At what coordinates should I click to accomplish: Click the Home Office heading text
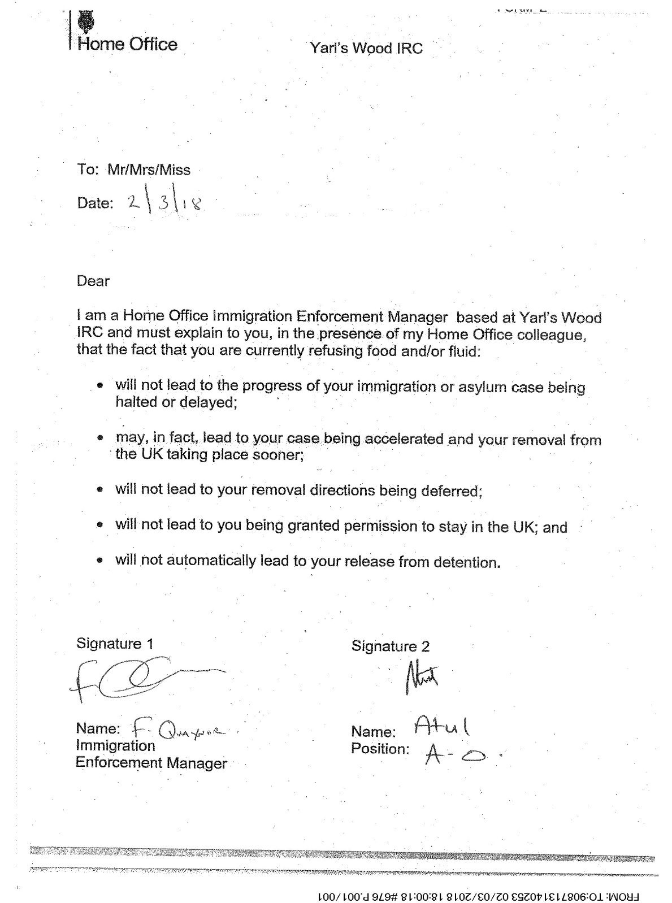(127, 45)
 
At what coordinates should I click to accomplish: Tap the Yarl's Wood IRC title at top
(366, 48)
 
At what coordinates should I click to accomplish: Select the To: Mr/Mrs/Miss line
(134, 170)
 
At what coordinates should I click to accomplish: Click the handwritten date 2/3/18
(164, 203)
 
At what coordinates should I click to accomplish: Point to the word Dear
(93, 281)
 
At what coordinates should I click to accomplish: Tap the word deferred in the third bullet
(452, 491)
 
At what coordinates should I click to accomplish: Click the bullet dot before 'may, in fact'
(100, 438)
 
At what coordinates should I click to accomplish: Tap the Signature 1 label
(115, 644)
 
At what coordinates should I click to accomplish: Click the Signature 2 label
(391, 646)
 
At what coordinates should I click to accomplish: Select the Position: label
(380, 749)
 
